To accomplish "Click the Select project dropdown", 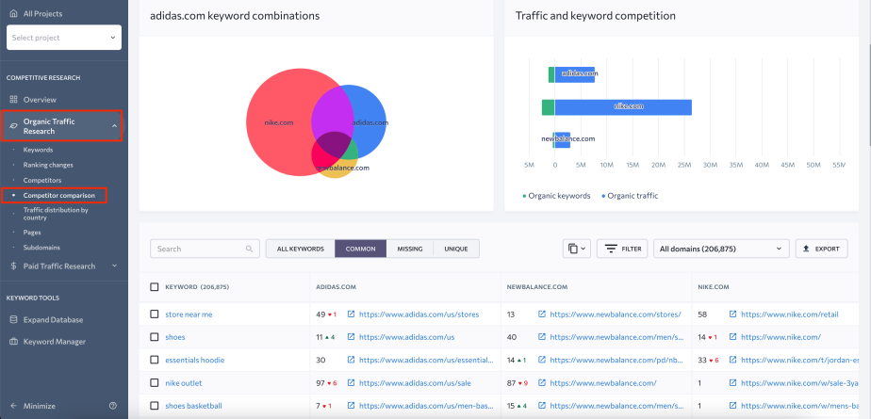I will point(63,38).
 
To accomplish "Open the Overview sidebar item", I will point(40,99).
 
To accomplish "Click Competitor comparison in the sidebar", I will point(59,195).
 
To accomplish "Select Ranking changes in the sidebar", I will point(48,165).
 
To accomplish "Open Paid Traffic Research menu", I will point(59,266).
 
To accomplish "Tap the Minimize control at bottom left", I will point(39,406).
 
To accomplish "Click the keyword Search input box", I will point(204,249).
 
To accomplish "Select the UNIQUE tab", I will point(455,249).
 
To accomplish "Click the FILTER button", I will point(621,249).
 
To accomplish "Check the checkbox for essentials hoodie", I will point(155,360).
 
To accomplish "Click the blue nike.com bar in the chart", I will point(622,107).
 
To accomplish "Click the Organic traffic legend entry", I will point(632,196).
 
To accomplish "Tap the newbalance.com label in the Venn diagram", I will point(336,168).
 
